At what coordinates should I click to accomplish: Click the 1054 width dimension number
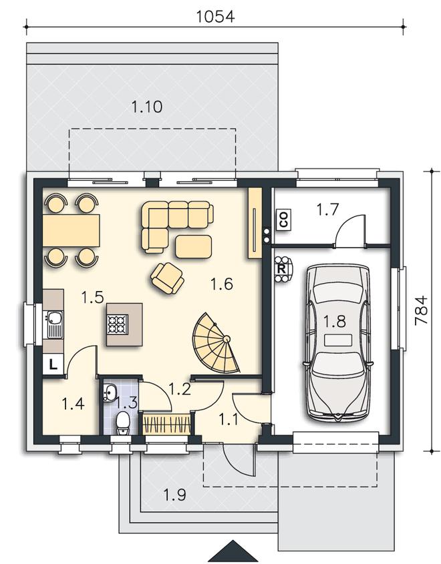coord(215,17)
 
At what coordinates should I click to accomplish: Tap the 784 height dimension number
coord(420,311)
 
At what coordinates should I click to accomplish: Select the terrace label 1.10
coord(146,107)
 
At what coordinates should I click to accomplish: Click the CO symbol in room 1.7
coord(284,220)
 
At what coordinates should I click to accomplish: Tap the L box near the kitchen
coord(53,365)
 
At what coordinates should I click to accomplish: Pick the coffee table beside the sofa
coord(193,246)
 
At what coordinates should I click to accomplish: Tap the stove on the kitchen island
coord(118,324)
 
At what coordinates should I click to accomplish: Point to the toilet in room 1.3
coord(123,423)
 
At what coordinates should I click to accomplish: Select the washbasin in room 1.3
coord(110,392)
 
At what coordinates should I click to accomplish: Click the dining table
coord(71,230)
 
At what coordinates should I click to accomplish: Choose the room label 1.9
coord(175,495)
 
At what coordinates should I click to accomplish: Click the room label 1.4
coord(73,404)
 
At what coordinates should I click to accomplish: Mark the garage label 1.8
coord(335,321)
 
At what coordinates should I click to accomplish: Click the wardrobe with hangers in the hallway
coord(166,425)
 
